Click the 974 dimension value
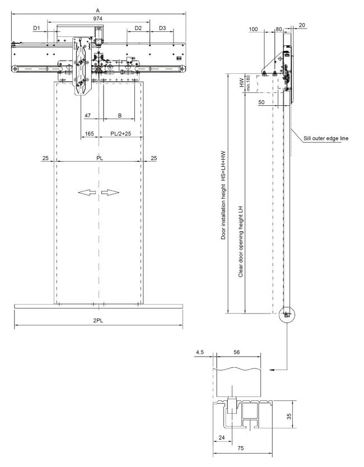(97, 18)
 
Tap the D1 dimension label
(36, 28)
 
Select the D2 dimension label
(138, 28)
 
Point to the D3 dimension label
(162, 28)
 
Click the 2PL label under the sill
(99, 321)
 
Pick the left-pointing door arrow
(87, 193)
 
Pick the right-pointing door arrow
(110, 193)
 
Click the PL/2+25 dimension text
(120, 133)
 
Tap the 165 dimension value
(90, 133)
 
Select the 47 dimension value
(87, 115)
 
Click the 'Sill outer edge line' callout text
(326, 138)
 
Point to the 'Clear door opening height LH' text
(241, 241)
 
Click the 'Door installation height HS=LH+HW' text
(223, 195)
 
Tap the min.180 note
(248, 83)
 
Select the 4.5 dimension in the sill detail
(199, 352)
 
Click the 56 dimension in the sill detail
(236, 352)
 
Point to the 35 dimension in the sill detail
(289, 416)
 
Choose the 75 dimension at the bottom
(241, 447)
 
